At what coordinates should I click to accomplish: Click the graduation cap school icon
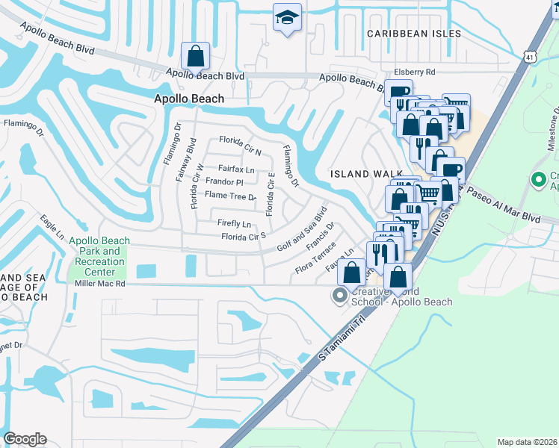pos(286,18)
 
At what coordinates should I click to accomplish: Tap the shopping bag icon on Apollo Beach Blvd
pos(195,55)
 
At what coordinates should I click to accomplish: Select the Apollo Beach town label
pos(188,99)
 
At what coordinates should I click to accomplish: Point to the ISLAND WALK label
pos(362,174)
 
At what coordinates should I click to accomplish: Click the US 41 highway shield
pos(529,56)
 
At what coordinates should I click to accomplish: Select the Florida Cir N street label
pos(239,140)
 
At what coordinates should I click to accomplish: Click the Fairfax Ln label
pos(236,169)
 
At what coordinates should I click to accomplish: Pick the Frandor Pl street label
pos(224,181)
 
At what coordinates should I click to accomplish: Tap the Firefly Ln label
pos(234,224)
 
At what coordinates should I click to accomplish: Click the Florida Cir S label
pos(244,237)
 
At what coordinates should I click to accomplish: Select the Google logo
pos(25,439)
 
